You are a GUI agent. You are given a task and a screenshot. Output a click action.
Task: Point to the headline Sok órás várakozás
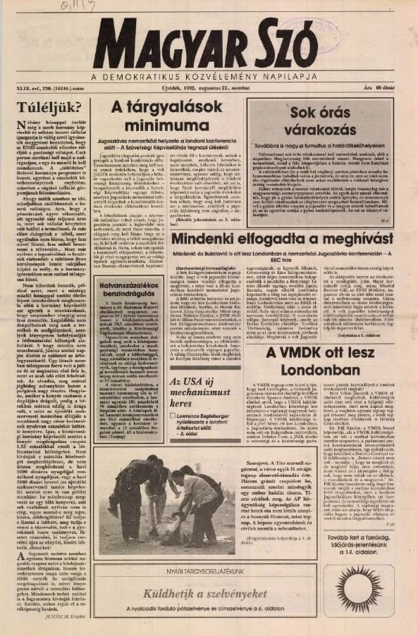[x=324, y=120]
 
